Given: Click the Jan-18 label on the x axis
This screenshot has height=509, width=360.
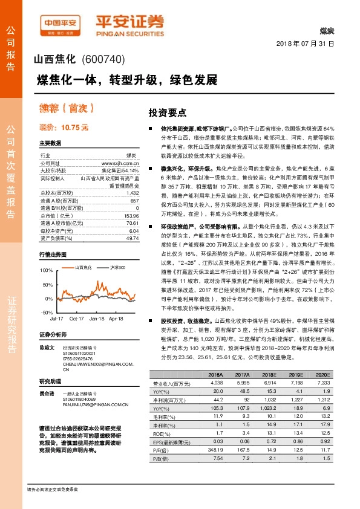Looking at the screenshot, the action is point(97,317).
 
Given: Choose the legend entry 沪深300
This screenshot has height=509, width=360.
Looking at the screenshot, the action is point(118,267).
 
